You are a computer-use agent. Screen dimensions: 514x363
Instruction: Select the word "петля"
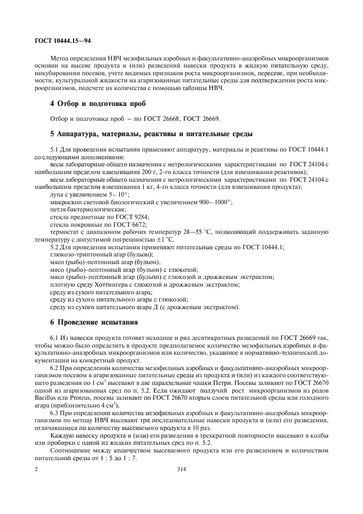tap(59, 209)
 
